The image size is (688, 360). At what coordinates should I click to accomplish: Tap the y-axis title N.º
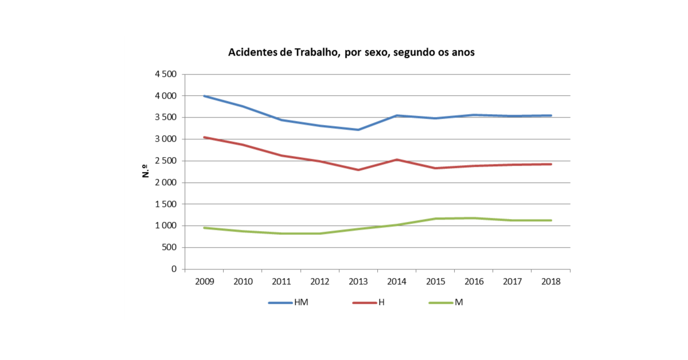click(146, 171)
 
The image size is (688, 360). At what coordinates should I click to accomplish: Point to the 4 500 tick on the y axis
click(166, 75)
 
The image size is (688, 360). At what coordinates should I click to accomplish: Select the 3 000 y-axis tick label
click(166, 139)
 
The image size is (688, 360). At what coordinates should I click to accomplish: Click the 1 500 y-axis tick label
click(166, 204)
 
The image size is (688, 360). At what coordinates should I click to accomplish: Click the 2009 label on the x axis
click(205, 281)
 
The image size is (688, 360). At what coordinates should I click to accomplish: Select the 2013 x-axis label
click(358, 281)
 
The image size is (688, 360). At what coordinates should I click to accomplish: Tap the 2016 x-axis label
click(474, 281)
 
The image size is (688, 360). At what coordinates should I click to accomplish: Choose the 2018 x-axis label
click(551, 281)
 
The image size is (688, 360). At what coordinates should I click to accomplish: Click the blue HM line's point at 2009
click(205, 96)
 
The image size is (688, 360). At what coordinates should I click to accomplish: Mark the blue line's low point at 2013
click(358, 130)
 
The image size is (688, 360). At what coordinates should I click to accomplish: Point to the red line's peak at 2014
click(397, 159)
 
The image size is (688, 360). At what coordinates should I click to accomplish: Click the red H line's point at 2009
click(205, 138)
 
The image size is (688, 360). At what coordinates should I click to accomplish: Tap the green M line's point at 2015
click(435, 218)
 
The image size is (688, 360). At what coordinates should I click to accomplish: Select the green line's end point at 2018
click(551, 220)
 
